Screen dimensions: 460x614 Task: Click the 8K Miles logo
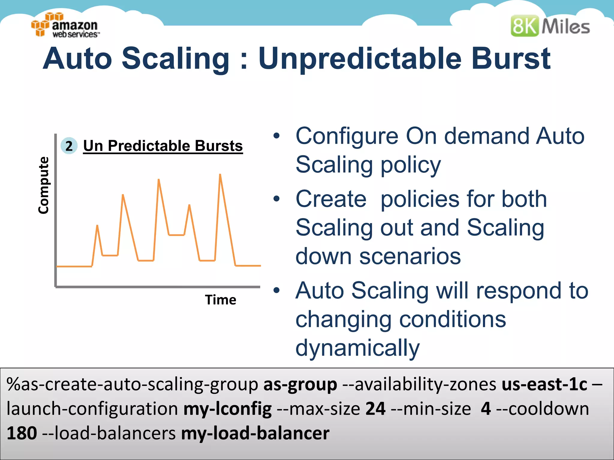point(550,26)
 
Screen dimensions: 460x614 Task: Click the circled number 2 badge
point(69,146)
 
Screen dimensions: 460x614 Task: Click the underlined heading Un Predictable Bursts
point(163,146)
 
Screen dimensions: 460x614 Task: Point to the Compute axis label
point(44,185)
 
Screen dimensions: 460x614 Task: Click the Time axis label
point(220,300)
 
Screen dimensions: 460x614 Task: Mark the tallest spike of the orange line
point(220,175)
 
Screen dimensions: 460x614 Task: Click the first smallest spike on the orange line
point(97,226)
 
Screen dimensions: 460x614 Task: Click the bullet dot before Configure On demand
point(276,136)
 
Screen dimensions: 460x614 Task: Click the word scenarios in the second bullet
point(410,256)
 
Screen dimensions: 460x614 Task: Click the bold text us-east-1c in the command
point(544,385)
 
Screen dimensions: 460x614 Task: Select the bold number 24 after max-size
point(375,409)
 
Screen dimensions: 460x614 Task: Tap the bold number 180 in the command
point(22,433)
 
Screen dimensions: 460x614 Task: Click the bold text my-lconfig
point(228,409)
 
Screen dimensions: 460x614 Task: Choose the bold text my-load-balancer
point(255,433)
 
